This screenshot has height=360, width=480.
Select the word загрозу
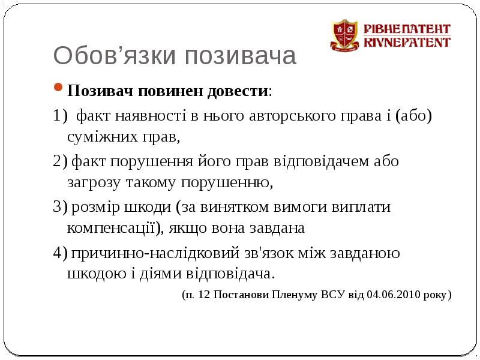click(94, 183)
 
